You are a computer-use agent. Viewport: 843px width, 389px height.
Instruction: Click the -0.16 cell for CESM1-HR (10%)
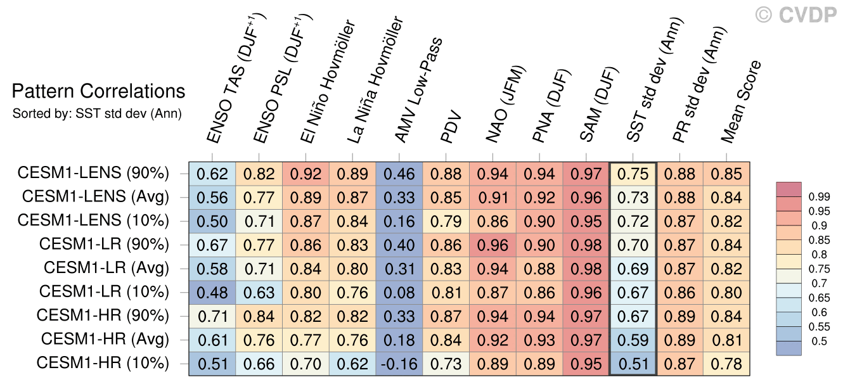399,364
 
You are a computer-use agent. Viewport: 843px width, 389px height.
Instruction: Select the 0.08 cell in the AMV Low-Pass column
399,293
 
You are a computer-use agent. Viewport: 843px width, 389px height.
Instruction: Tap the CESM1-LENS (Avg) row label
95,197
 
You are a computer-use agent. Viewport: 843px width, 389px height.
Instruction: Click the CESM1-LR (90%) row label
104,244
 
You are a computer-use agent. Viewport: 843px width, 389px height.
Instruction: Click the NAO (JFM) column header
506,105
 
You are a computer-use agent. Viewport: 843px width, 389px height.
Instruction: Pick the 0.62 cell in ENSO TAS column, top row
212,174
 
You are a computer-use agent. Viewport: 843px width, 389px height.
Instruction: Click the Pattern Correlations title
99,92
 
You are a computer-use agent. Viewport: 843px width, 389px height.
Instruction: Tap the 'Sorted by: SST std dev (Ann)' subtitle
97,114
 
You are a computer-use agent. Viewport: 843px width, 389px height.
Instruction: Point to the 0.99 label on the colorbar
819,197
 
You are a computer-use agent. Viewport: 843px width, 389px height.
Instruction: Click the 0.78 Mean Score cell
726,364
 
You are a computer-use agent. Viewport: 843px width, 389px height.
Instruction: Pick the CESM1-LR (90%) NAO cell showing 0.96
492,245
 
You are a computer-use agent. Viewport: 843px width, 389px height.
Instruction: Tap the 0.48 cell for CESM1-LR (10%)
212,293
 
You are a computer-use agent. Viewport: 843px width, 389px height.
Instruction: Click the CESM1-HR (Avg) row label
105,340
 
